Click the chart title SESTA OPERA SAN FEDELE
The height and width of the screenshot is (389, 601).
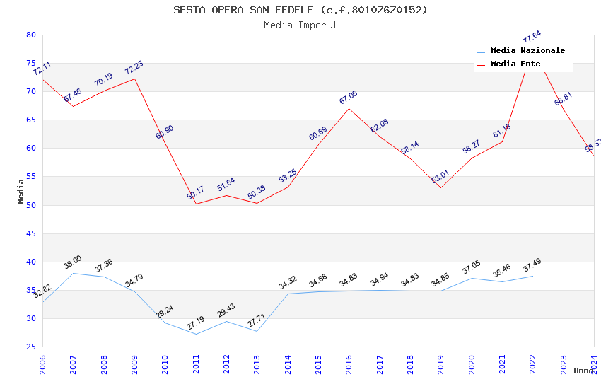pos(300,10)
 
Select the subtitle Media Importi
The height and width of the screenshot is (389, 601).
pos(300,25)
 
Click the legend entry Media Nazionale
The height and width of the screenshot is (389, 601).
pos(527,50)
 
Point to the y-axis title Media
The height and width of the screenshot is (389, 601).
pos(21,191)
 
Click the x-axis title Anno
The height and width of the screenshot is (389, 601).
pos(583,371)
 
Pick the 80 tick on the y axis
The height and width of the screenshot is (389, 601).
pos(30,35)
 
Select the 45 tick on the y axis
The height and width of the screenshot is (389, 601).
pos(30,233)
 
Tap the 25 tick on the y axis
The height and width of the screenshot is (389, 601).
pos(30,347)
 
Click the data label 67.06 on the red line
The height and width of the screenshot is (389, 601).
pos(349,98)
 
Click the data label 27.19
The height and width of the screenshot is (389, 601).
pos(195,323)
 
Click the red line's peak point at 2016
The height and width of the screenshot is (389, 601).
pos(349,108)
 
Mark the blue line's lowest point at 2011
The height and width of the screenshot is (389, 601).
pos(196,334)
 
